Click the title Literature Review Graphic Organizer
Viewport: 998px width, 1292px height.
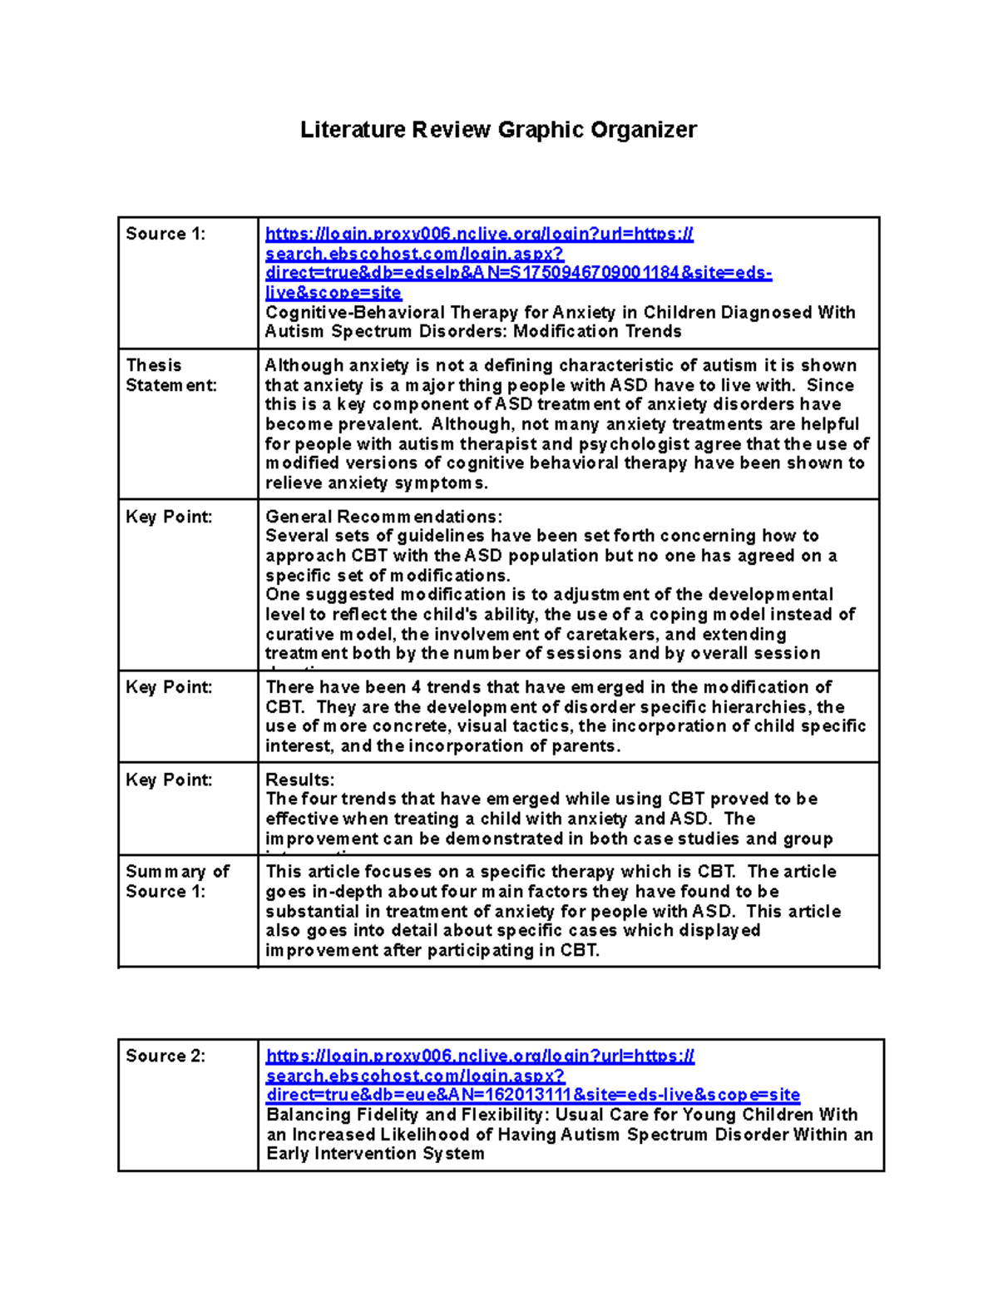pos(498,130)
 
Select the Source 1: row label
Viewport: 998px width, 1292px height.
pos(165,234)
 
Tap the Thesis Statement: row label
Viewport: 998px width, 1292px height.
pos(170,375)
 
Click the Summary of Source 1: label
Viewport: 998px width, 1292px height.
pos(176,881)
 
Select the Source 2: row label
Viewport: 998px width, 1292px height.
pos(165,1056)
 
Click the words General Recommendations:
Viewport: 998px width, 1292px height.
pos(383,517)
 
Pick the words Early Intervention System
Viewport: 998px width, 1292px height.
pos(375,1154)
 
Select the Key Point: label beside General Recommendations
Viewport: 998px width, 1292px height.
pos(169,517)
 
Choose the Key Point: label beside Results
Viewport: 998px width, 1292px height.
pos(169,780)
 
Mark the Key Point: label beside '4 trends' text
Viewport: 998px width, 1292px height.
pos(169,687)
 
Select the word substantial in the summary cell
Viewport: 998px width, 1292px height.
pos(312,911)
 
